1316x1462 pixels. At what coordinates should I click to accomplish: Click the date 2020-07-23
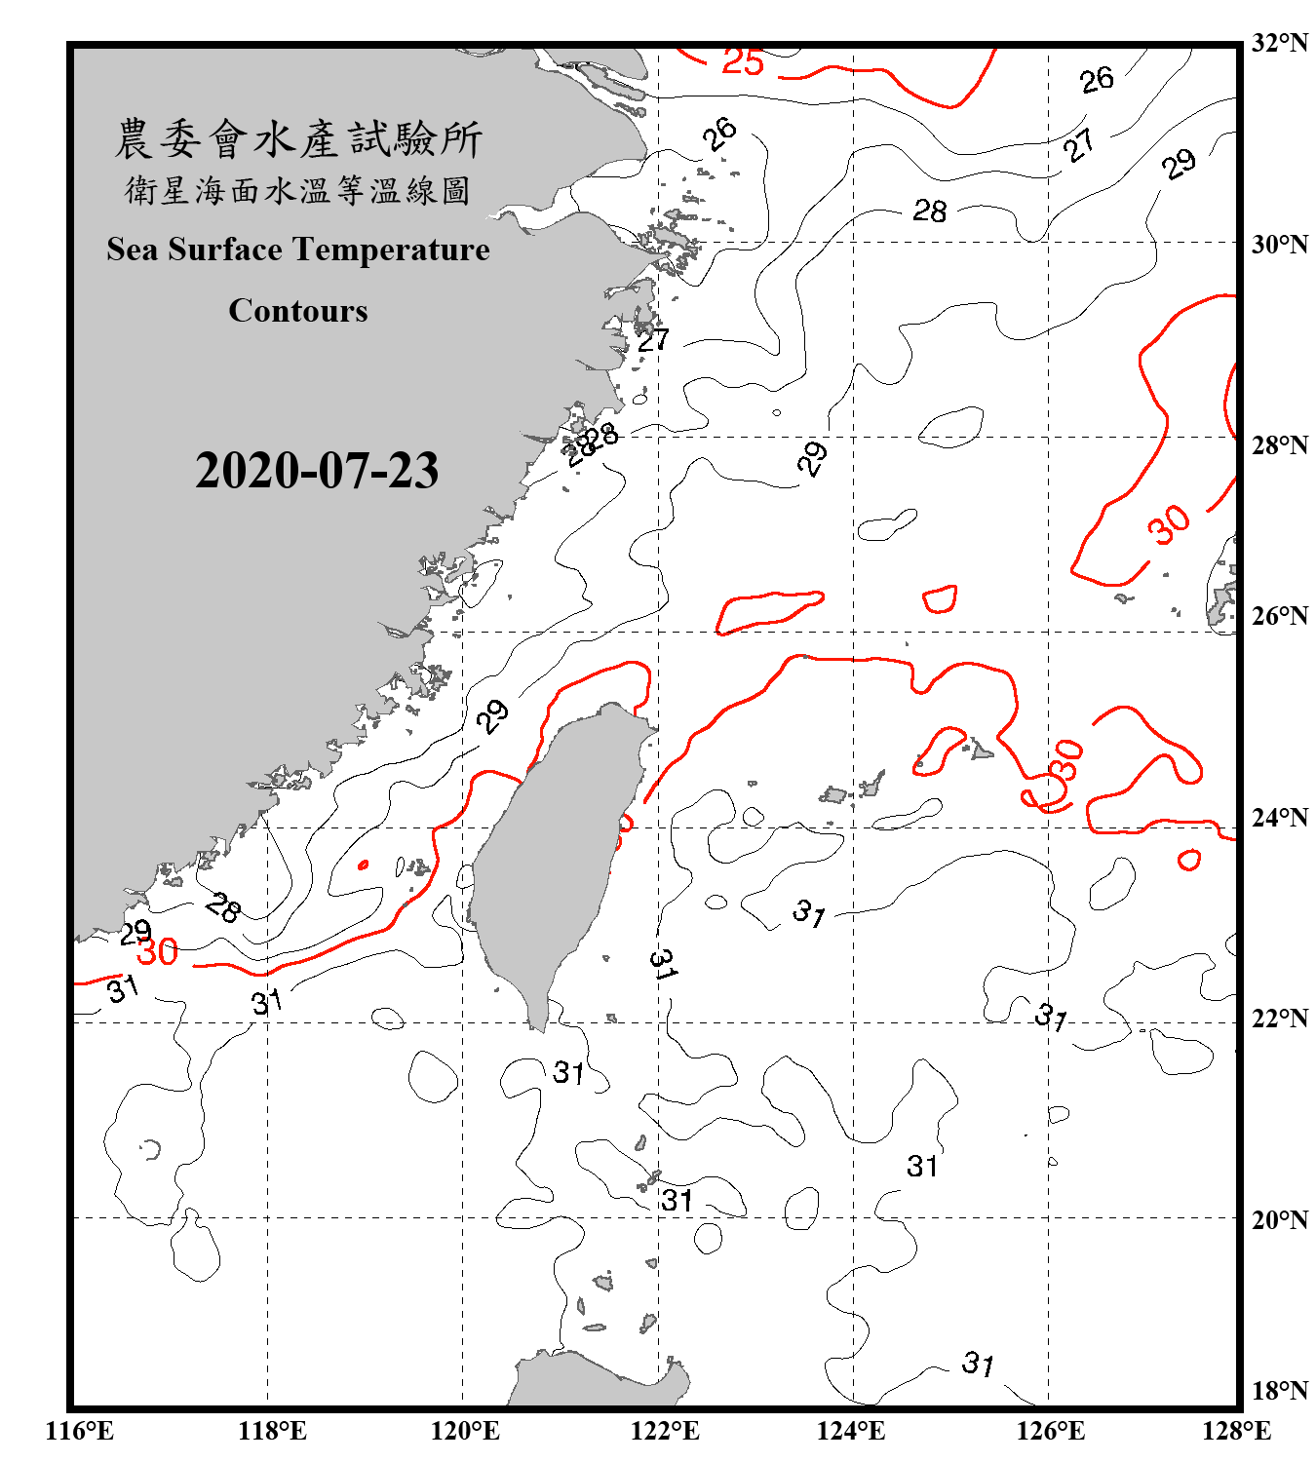click(x=317, y=471)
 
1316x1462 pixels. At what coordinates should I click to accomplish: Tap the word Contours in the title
click(x=298, y=311)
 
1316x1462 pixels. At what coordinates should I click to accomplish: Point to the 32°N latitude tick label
click(x=1279, y=43)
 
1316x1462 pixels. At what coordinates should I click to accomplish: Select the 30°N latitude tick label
click(x=1279, y=244)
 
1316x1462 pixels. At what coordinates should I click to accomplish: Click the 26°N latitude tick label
click(x=1279, y=616)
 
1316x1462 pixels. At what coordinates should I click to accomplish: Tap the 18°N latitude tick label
click(x=1279, y=1390)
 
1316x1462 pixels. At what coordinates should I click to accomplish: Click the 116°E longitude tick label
click(x=79, y=1431)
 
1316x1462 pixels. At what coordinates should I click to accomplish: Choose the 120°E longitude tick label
click(x=465, y=1431)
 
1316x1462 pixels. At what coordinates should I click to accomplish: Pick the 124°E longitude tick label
click(x=851, y=1431)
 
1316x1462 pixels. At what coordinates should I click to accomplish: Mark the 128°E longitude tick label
click(x=1236, y=1431)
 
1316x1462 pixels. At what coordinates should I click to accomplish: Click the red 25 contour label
click(x=743, y=62)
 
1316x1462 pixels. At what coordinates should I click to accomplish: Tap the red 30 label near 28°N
click(x=1168, y=524)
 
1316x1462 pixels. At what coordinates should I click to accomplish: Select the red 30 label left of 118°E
click(x=157, y=952)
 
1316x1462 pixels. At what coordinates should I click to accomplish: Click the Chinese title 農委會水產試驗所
click(x=298, y=139)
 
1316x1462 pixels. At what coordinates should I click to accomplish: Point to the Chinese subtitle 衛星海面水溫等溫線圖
click(x=298, y=190)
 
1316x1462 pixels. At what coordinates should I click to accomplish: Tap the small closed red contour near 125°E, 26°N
click(x=940, y=598)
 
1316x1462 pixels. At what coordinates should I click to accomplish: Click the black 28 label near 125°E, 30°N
click(x=929, y=211)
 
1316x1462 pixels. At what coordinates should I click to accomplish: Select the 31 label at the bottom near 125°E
click(x=978, y=1363)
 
